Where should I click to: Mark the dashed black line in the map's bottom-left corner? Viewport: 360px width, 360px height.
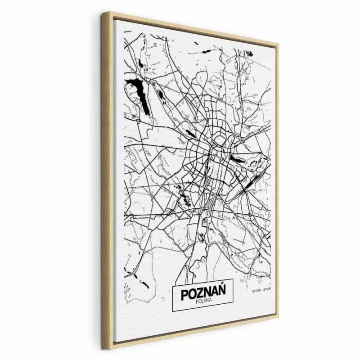(x=130, y=273)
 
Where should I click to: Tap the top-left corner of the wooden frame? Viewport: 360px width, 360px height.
(x=104, y=13)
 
